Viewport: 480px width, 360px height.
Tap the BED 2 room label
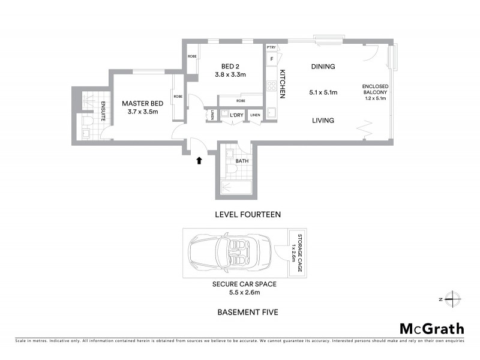(230, 66)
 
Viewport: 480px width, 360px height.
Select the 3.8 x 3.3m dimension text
(230, 75)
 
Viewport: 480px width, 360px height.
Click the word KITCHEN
(282, 83)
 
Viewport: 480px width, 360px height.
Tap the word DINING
(323, 67)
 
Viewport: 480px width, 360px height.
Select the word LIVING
(323, 121)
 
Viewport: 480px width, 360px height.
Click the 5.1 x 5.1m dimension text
(323, 93)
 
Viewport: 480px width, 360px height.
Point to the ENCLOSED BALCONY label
(376, 90)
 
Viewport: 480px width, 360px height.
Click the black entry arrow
(199, 160)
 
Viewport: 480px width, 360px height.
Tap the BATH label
(242, 161)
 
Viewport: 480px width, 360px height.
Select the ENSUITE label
(104, 112)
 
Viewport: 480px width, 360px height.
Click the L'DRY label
(235, 115)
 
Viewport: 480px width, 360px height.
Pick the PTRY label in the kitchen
(271, 47)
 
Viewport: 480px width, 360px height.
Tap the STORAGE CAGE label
(295, 253)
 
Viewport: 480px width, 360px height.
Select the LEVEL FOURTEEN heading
(248, 214)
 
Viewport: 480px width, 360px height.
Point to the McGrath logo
(431, 328)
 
